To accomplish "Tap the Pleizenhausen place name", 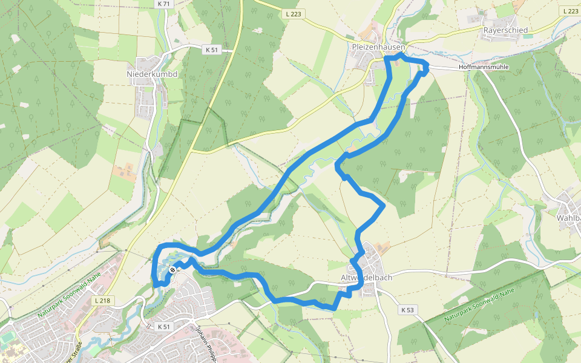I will (378, 46).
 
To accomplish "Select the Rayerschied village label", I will (505, 30).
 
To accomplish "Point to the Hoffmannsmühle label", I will (484, 67).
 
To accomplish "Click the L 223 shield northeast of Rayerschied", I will (570, 11).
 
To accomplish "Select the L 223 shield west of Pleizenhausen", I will (291, 13).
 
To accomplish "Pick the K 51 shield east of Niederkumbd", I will (211, 50).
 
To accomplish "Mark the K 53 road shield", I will (408, 310).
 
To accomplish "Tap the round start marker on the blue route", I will (172, 270).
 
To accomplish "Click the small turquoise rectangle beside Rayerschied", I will (528, 36).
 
